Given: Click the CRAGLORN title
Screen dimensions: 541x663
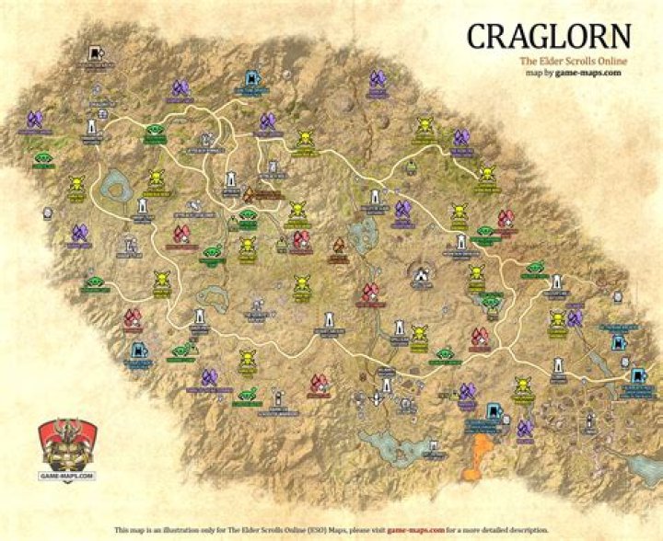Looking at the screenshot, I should (549, 36).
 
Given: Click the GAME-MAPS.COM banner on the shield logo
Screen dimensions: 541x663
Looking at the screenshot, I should (66, 474).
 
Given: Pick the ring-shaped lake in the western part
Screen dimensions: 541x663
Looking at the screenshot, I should (117, 189).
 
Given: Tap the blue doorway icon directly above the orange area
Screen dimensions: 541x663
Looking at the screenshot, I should (494, 411).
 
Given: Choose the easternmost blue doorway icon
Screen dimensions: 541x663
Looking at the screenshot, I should (638, 376).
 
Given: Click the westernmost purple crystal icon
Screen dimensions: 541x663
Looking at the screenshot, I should (35, 119).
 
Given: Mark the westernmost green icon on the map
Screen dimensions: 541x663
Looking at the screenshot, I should (42, 158).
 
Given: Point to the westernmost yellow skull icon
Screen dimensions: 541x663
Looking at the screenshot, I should (76, 183).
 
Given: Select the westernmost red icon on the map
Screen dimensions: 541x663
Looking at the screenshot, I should (133, 318).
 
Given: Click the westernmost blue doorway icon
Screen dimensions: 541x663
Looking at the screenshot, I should (137, 351).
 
